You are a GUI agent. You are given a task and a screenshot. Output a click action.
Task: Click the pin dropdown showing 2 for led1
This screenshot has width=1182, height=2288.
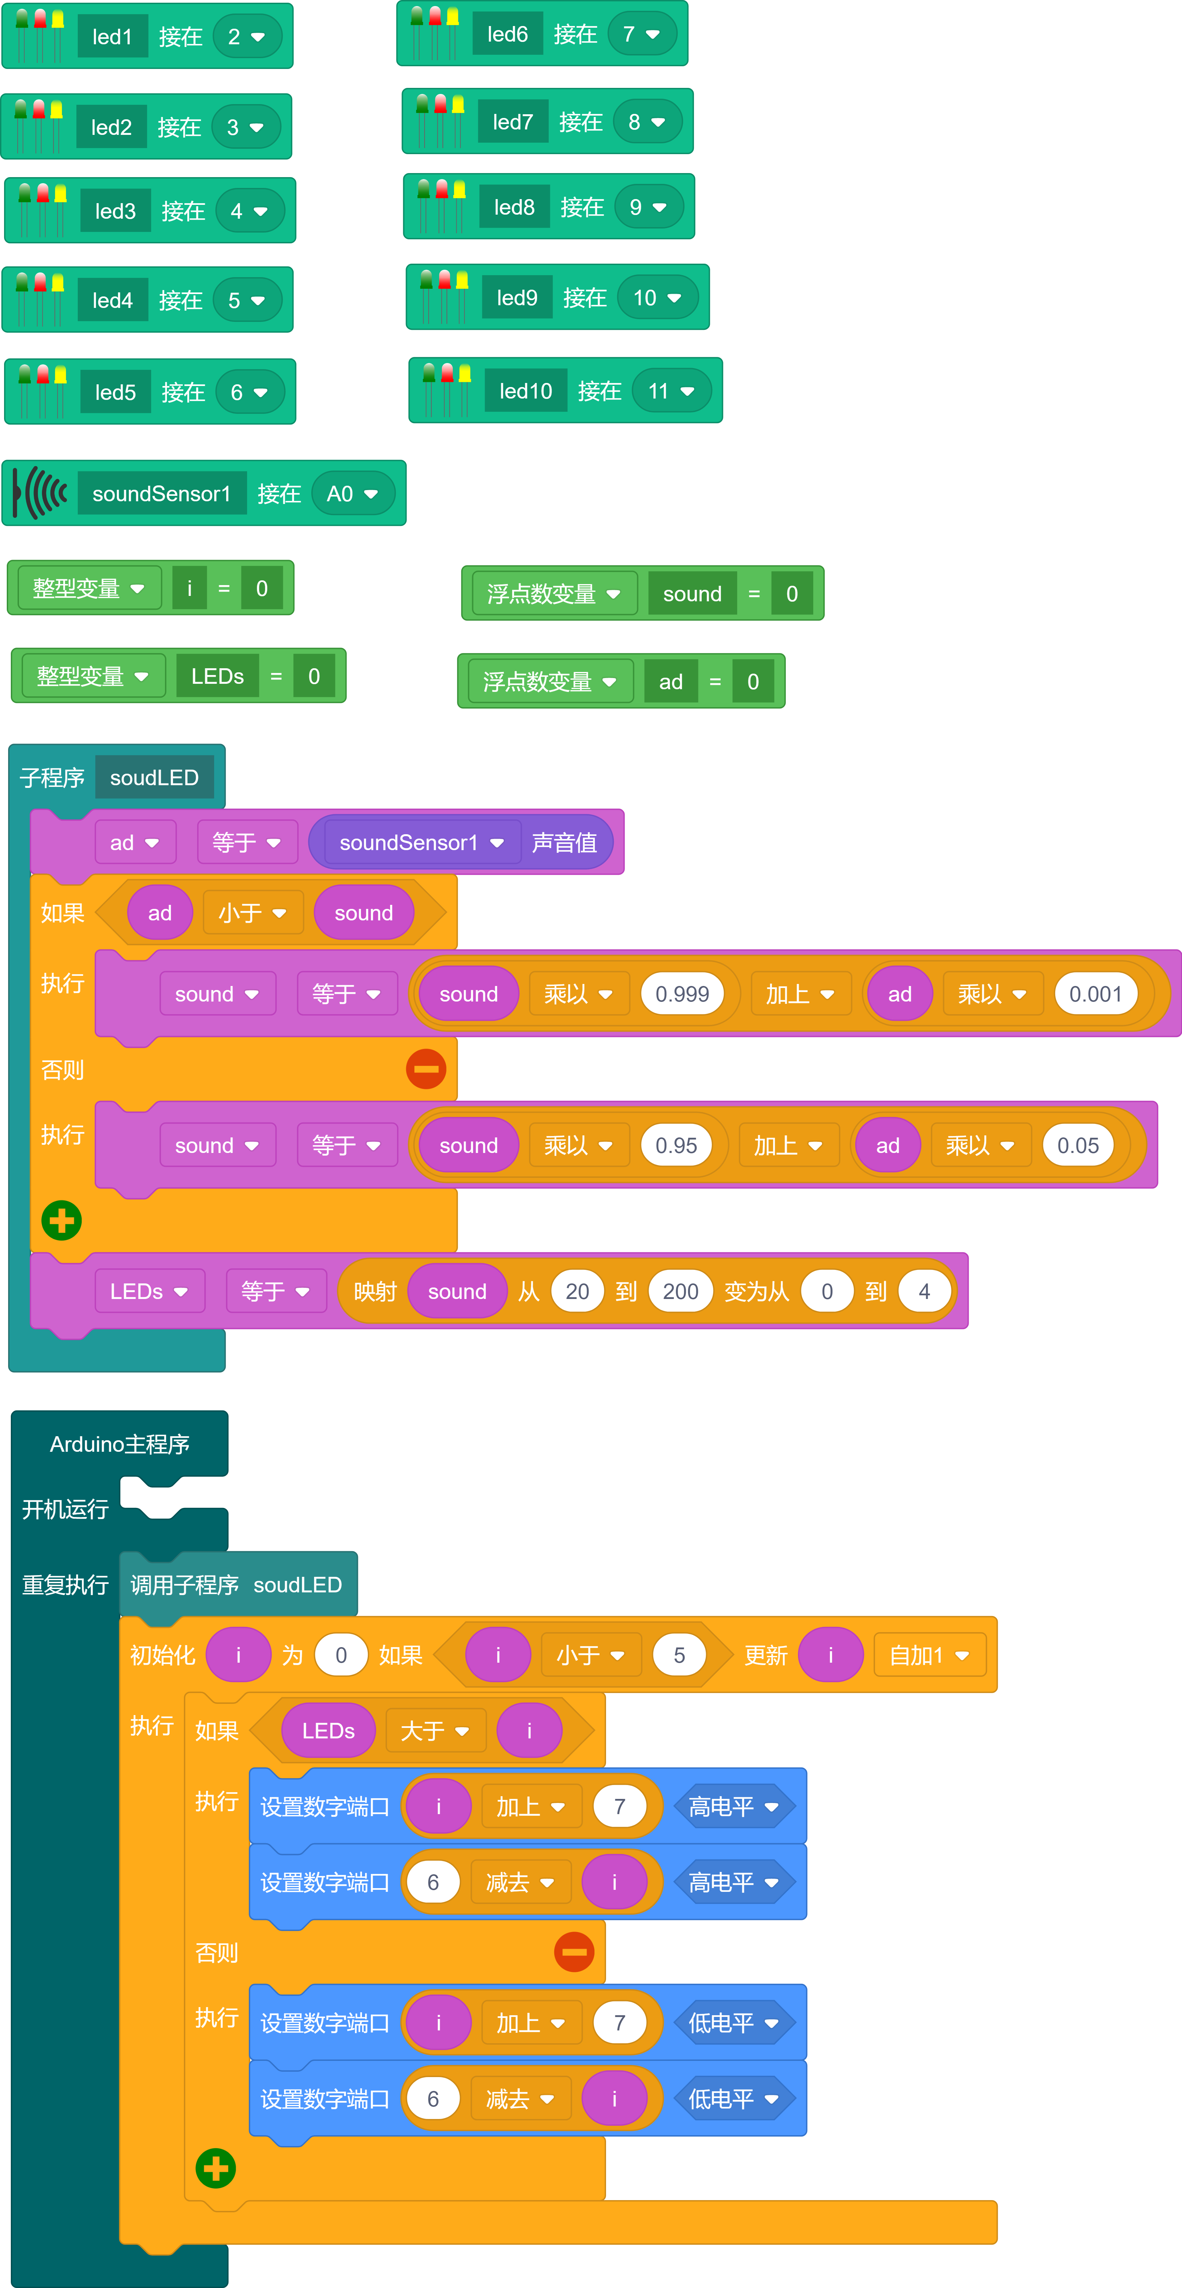point(246,37)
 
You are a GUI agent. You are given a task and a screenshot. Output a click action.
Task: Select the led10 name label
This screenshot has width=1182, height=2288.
point(526,391)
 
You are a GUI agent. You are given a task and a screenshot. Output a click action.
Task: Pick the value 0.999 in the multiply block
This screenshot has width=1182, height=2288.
point(682,994)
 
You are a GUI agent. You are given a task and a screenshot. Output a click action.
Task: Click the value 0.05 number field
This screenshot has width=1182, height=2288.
point(1077,1146)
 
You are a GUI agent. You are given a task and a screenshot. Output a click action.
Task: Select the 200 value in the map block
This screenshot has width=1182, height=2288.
point(680,1292)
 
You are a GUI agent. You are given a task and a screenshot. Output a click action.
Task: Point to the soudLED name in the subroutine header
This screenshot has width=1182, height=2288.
point(154,778)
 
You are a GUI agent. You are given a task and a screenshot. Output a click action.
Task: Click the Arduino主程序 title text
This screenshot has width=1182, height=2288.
point(119,1444)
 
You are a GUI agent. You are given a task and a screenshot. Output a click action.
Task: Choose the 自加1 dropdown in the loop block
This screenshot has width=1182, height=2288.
point(929,1656)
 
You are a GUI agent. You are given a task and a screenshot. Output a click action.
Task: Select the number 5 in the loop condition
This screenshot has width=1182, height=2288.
point(679,1656)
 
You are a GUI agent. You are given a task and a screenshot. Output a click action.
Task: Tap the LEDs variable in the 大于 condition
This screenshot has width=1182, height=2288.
point(328,1731)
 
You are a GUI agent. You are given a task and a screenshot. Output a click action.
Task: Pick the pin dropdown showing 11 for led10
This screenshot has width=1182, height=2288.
point(671,391)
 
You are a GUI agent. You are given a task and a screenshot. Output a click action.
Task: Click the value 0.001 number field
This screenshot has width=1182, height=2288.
point(1095,994)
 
